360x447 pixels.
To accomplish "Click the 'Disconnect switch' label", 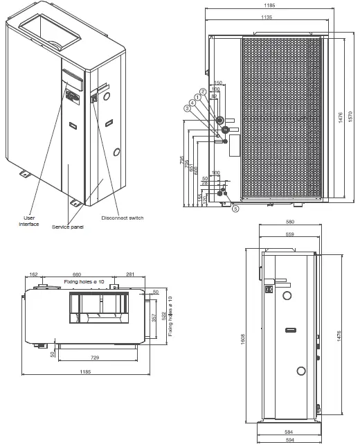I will point(123,218).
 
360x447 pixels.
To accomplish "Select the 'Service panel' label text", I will point(67,227).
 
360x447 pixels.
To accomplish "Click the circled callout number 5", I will point(235,209).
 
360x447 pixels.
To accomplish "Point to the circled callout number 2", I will point(203,91).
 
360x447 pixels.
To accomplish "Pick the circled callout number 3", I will point(187,108).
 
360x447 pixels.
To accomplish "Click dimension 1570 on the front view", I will point(350,119).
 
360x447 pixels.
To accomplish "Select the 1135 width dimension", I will point(265,17).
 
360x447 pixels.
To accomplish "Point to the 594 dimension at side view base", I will point(289,439).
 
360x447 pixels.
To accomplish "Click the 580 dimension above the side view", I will point(289,222).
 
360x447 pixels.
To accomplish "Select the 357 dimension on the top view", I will point(154,317).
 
